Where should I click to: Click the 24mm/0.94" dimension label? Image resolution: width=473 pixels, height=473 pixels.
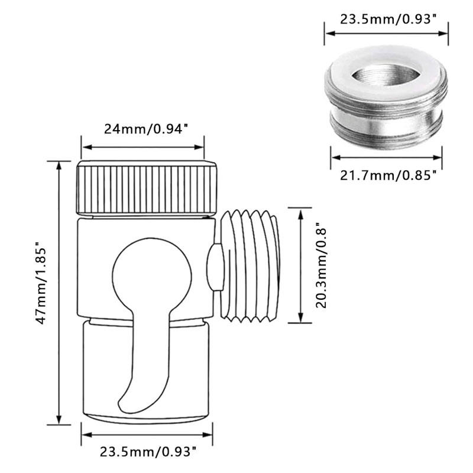144,129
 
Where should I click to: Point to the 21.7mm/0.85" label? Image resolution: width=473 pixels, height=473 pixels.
388,175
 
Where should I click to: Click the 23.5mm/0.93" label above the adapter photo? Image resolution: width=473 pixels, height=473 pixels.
389,20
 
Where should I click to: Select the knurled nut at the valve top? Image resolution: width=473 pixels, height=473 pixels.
147,188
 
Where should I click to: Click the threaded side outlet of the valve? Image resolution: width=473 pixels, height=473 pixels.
250,265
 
